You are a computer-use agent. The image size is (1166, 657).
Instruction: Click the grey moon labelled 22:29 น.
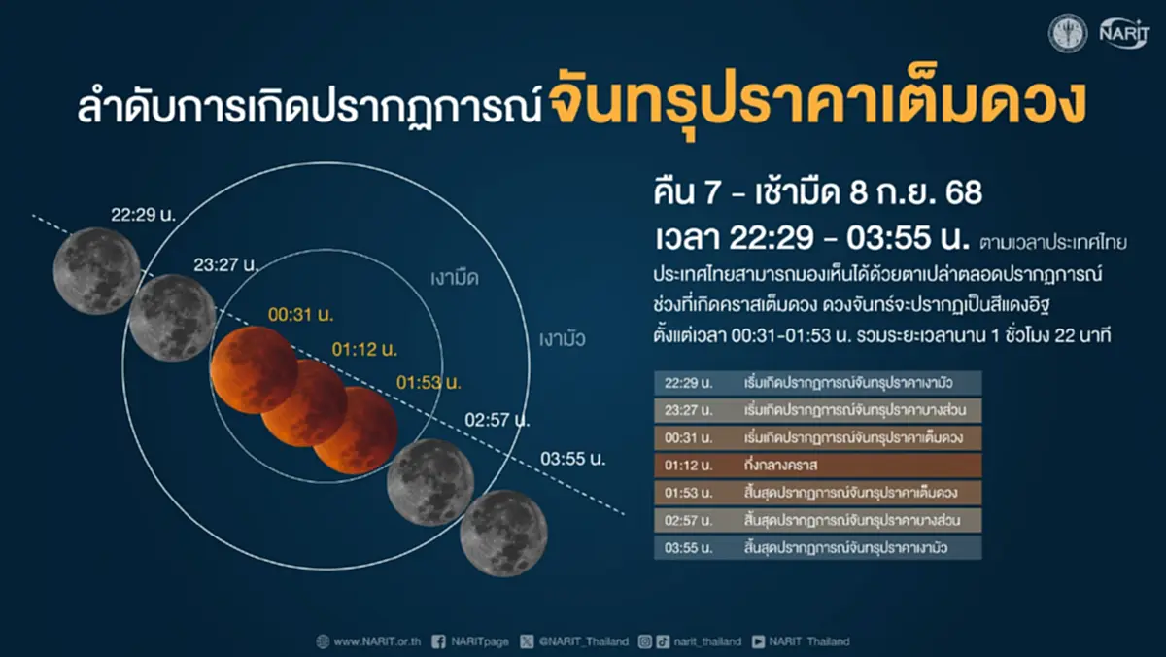96,263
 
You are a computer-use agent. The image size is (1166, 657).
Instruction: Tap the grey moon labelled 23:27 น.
172,318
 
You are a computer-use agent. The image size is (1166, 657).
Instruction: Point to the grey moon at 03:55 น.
503,533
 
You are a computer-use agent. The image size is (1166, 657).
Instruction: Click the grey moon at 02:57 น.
430,482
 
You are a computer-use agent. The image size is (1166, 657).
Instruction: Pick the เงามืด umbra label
455,278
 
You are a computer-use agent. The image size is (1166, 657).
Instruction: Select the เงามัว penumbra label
564,339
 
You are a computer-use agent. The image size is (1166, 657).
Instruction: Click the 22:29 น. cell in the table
687,382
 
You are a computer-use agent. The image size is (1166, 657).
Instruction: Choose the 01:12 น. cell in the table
687,465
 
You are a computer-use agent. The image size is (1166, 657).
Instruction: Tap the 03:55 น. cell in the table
687,548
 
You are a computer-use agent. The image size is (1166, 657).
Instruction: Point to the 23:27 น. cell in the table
687,409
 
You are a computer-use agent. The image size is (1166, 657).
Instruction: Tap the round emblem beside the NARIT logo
1067,33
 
